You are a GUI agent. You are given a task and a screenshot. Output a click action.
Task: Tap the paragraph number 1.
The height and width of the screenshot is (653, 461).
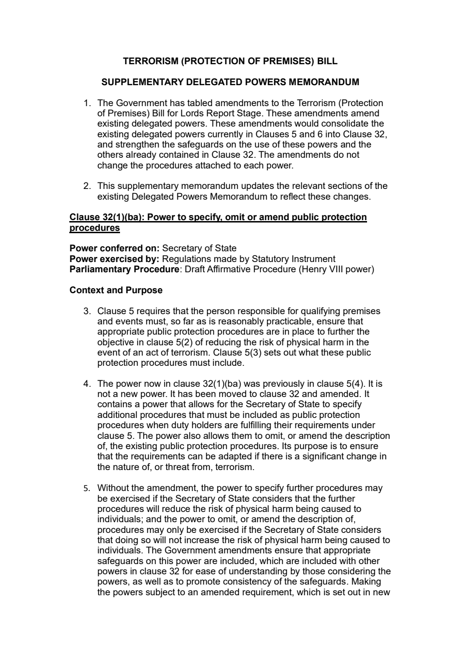coord(87,103)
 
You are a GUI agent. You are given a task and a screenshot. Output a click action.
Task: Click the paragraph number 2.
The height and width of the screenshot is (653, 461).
coord(87,186)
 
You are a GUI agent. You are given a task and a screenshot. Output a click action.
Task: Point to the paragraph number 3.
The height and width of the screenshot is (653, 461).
coord(87,311)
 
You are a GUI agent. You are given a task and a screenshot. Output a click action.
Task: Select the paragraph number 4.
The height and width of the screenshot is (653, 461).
coord(87,384)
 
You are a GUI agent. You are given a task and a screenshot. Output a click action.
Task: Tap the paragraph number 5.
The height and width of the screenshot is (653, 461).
coord(87,488)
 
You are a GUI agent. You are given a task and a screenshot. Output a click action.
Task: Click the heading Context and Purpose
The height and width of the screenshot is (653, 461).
coord(116,290)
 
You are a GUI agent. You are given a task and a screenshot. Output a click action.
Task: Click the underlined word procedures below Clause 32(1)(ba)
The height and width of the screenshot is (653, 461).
coord(94,228)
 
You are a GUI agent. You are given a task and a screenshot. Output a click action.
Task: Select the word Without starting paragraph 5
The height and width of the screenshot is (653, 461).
coord(113,488)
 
